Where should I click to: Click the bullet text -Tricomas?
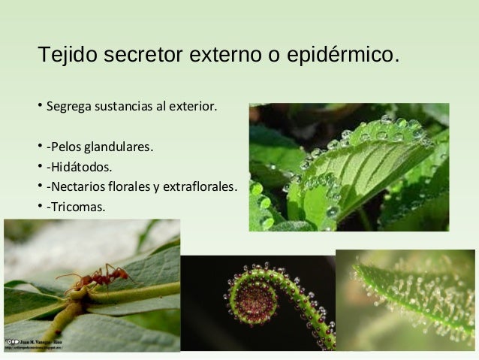click(x=75, y=205)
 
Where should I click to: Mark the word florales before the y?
click(x=136, y=186)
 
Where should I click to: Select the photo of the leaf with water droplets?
click(x=348, y=167)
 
